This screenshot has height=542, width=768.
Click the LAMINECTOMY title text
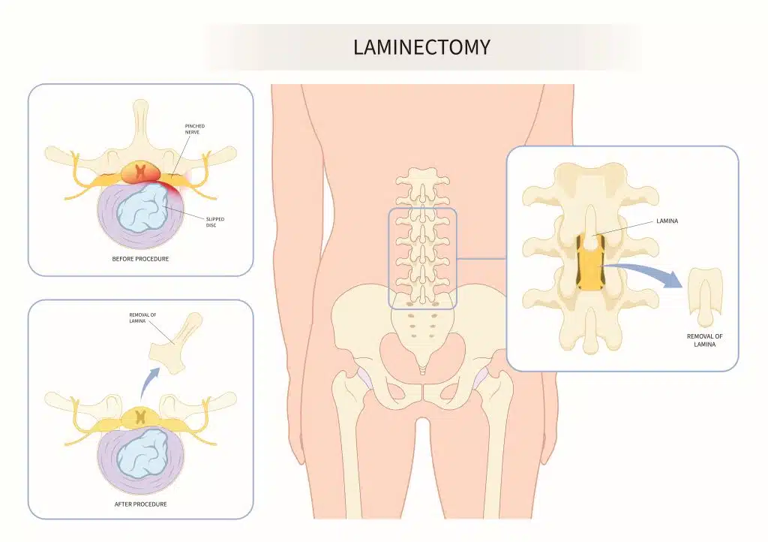coord(421,47)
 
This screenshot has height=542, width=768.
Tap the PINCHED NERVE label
coord(194,129)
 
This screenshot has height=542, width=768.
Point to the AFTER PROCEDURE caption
coord(141,504)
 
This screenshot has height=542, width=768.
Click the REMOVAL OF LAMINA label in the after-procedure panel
coord(142,318)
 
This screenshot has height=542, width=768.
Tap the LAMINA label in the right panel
coord(667,221)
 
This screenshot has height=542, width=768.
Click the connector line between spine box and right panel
coord(481,260)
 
